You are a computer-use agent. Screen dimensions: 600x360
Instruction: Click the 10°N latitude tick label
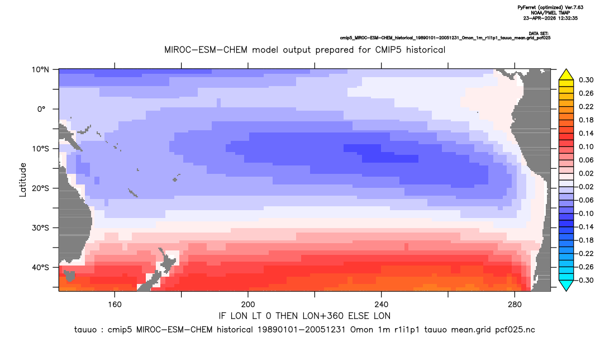pyautogui.click(x=40, y=70)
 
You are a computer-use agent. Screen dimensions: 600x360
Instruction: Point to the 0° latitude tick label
pyautogui.click(x=41, y=109)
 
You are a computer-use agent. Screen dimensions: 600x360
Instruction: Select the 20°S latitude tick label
pyautogui.click(x=40, y=188)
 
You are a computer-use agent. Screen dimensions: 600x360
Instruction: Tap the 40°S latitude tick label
pyautogui.click(x=40, y=267)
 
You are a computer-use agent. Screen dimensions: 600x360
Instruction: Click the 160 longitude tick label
pyautogui.click(x=115, y=305)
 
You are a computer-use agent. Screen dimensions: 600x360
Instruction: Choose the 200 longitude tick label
pyautogui.click(x=248, y=305)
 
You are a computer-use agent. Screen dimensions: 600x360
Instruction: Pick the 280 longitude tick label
pyautogui.click(x=515, y=305)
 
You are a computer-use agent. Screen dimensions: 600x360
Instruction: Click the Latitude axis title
pyautogui.click(x=23, y=180)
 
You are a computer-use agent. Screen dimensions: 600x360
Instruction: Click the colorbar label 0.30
pyautogui.click(x=586, y=80)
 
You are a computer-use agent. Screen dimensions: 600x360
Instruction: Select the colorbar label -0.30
pyautogui.click(x=585, y=280)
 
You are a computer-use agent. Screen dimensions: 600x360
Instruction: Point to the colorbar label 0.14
pyautogui.click(x=586, y=133)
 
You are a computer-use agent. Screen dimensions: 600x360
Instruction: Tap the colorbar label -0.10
pyautogui.click(x=585, y=214)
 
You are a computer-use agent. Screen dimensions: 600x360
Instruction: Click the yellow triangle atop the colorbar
pyautogui.click(x=566, y=75)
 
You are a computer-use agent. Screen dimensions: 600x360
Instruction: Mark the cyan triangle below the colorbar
pyautogui.click(x=566, y=285)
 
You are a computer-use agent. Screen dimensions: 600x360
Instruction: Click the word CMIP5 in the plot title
pyautogui.click(x=389, y=50)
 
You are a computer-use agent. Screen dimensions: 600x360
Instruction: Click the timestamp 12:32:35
pyautogui.click(x=567, y=18)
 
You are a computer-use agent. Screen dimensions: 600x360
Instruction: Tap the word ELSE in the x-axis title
pyautogui.click(x=360, y=316)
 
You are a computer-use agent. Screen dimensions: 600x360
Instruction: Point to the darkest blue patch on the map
pyautogui.click(x=383, y=153)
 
